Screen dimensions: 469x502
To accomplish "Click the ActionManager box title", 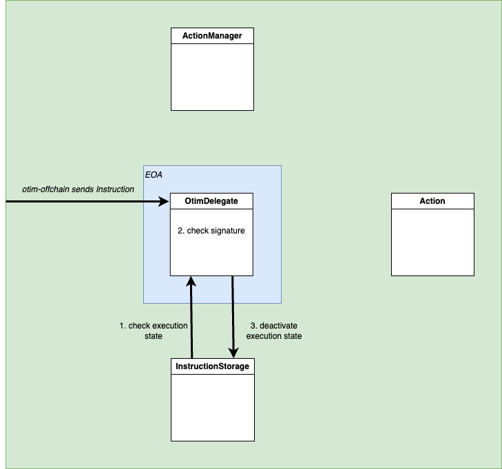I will [212, 36].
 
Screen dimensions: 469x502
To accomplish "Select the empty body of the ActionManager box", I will [212, 76].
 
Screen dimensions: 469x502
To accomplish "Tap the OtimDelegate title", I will [212, 201].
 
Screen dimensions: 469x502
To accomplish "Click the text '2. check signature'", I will [212, 231].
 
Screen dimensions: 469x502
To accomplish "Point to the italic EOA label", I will [153, 176].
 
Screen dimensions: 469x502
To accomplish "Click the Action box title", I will [432, 201].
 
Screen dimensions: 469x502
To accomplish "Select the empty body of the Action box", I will [432, 242].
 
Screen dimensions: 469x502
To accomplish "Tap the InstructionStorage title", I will [212, 366].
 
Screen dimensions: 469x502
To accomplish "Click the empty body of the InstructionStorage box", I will [212, 407].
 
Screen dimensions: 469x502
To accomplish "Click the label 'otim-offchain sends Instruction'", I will [78, 189].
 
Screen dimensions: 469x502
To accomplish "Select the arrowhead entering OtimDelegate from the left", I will [165, 202].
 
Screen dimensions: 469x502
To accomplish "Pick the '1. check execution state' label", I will [153, 331].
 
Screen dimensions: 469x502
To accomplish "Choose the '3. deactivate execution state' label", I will [273, 331].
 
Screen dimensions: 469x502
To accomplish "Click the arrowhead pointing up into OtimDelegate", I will [191, 282].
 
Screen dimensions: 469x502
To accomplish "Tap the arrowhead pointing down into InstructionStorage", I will [233, 353].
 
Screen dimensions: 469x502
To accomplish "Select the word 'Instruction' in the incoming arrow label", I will [115, 189].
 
